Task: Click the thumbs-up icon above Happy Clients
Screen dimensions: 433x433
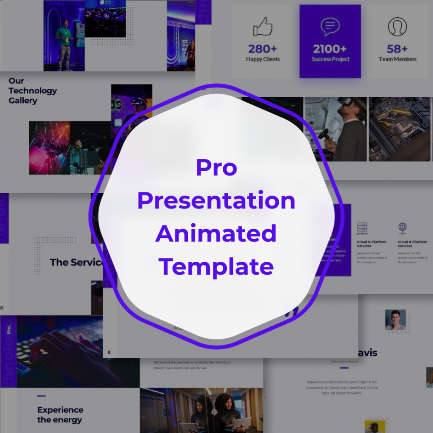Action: [x=263, y=27]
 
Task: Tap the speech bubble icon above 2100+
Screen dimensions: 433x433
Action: [x=330, y=27]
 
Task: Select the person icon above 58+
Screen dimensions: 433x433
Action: [x=397, y=27]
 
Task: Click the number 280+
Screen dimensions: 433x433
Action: [x=263, y=49]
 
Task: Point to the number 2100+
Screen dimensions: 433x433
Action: [x=330, y=49]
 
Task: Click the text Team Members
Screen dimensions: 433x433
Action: [x=397, y=59]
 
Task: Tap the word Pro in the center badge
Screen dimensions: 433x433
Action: [x=216, y=167]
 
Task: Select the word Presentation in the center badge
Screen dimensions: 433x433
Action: [x=216, y=200]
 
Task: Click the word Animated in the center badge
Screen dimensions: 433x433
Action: [x=216, y=233]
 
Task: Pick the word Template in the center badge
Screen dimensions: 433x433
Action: [x=216, y=266]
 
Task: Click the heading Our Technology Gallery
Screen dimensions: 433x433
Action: [x=33, y=90]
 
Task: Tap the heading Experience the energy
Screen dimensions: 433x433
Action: [x=60, y=414]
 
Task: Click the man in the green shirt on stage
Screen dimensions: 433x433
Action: [x=64, y=42]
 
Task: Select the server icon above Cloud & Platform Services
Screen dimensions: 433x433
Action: [x=362, y=228]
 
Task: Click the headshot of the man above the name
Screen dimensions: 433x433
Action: [x=395, y=320]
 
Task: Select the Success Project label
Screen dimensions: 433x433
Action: [x=330, y=59]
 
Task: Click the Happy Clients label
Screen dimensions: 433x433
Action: [x=263, y=59]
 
